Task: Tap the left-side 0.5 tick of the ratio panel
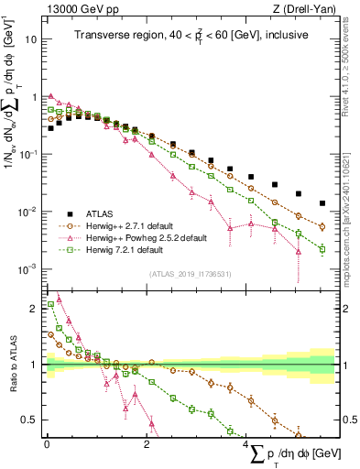pyautogui.click(x=32, y=420)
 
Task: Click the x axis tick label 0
pyautogui.click(x=47, y=443)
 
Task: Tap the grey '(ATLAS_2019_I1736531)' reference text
pyautogui.click(x=190, y=273)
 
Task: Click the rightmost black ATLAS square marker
pyautogui.click(x=322, y=203)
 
